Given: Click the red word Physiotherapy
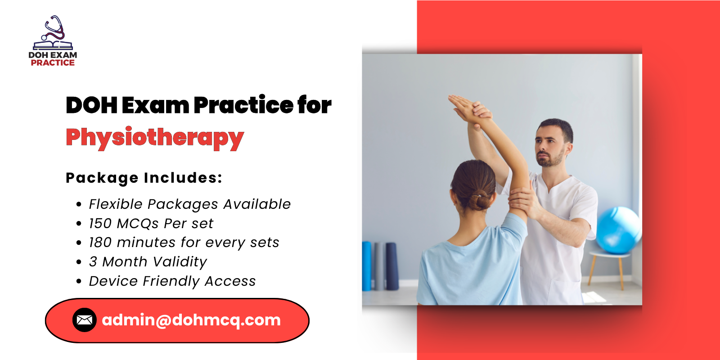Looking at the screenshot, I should point(155,138).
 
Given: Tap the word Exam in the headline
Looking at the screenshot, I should point(155,105).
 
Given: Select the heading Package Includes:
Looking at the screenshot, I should point(144,178).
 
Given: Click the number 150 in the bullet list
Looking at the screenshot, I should point(100,224).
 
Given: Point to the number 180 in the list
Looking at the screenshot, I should point(100,243).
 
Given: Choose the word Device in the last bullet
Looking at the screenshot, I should point(113,281).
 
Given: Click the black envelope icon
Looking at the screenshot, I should point(85,320).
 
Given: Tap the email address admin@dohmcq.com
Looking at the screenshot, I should point(191,320).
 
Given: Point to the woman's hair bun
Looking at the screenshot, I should point(478,200).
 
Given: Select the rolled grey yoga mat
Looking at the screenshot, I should point(380,265).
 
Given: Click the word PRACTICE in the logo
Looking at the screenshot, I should point(53,63).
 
